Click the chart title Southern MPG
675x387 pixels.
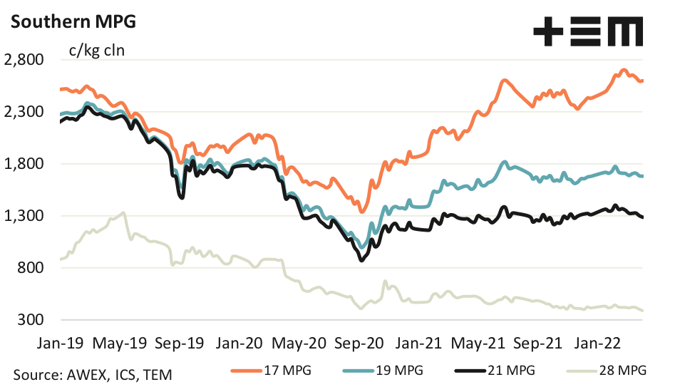pos(72,21)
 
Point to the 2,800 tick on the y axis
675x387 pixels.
pos(24,60)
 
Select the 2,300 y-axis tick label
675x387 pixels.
pos(24,112)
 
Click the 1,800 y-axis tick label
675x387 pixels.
pos(24,164)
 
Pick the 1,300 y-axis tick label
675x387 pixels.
pos(24,216)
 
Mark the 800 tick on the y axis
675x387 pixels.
pos(30,268)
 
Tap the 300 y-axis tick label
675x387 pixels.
pos(30,320)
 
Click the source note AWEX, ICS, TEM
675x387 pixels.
pos(92,373)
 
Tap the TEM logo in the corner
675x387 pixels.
pos(588,33)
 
